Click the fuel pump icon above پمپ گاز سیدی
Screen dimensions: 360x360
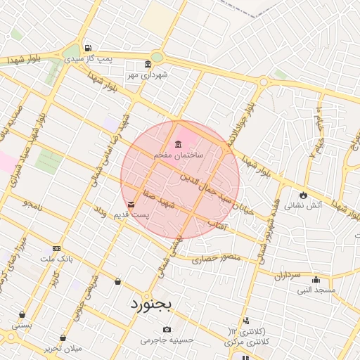pyautogui.click(x=87, y=49)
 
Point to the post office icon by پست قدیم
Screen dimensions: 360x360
pyautogui.click(x=132, y=204)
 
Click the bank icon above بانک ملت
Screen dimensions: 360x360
pyautogui.click(x=56, y=249)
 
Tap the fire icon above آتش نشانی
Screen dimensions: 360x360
pyautogui.click(x=303, y=195)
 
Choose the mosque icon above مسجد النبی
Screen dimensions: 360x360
pyautogui.click(x=316, y=279)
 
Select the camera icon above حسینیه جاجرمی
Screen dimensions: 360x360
pyautogui.click(x=167, y=329)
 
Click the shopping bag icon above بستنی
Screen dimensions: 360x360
pyautogui.click(x=22, y=314)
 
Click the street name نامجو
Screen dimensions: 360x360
pyautogui.click(x=32, y=203)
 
